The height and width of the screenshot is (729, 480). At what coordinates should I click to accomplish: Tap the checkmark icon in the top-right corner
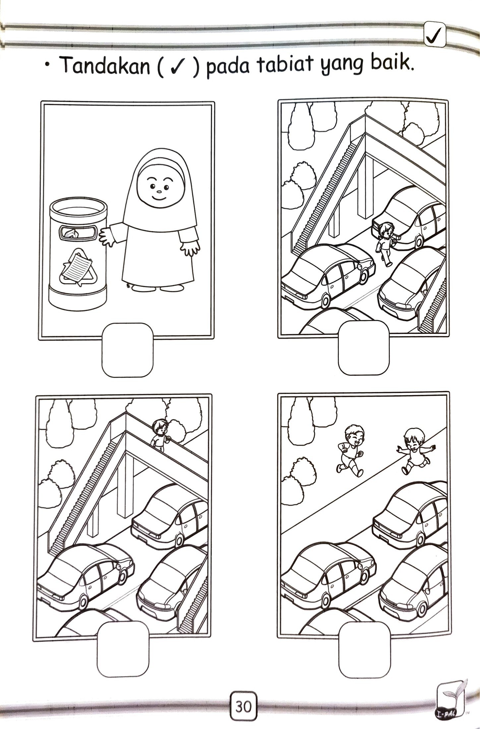[435, 38]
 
